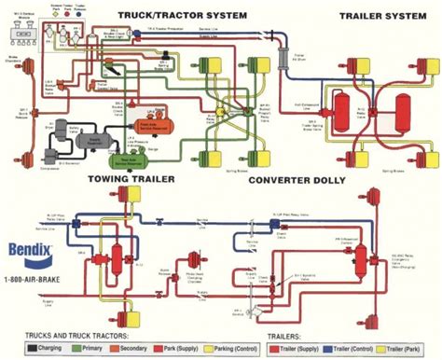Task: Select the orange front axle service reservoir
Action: pyautogui.click(x=149, y=122)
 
